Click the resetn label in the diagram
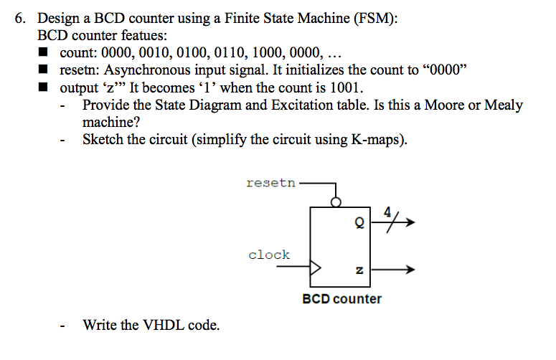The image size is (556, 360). [x=270, y=183]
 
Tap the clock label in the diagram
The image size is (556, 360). [x=269, y=255]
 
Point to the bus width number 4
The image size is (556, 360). [x=387, y=212]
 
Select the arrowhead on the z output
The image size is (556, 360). [x=410, y=270]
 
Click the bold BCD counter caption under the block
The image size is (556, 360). [x=341, y=298]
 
